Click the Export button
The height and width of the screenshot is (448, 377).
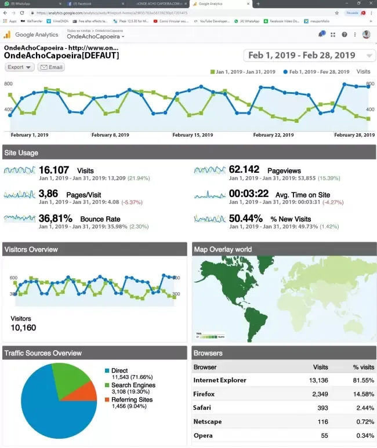[x=19, y=67]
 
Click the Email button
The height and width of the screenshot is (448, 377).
[x=51, y=67]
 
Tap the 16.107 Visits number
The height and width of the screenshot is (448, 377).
[x=54, y=170]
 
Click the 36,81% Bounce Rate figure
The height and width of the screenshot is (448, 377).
[x=56, y=218]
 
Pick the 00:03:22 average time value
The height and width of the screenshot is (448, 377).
[x=248, y=194]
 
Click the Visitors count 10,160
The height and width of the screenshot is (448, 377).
[x=24, y=328]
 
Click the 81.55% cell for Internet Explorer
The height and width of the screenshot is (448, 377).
[x=364, y=380]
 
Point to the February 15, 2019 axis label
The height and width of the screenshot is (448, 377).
[x=193, y=135]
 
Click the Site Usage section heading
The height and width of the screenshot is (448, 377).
[x=21, y=153]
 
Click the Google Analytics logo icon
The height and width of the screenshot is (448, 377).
[x=8, y=35]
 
